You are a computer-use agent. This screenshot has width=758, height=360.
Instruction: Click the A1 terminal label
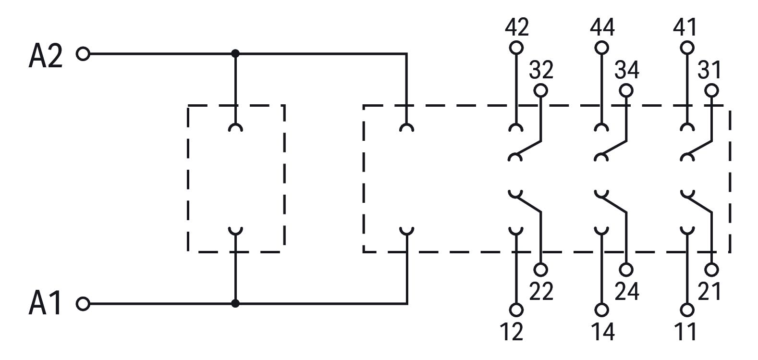[45, 303]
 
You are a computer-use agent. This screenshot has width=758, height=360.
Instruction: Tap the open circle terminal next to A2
[83, 54]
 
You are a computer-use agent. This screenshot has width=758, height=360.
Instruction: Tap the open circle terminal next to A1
[83, 304]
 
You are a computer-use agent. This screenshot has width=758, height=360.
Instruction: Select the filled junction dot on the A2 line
[235, 53]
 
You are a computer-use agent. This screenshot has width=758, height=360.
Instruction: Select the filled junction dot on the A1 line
[235, 303]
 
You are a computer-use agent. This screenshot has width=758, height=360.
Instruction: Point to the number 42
[517, 27]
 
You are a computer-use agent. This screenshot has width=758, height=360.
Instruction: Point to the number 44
[602, 27]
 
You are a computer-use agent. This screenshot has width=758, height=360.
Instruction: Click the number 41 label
[685, 27]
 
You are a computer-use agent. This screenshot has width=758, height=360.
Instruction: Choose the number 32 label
[541, 70]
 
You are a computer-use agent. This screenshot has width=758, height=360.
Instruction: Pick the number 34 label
[627, 70]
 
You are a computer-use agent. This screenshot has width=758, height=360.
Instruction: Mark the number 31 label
[709, 70]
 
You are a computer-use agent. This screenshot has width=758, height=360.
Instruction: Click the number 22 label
[541, 291]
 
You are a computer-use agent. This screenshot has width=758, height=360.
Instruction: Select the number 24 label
[627, 291]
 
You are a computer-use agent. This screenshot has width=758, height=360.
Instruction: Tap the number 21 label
[709, 291]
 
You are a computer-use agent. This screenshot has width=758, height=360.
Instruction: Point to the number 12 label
[512, 332]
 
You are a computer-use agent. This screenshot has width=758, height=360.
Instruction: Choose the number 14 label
[603, 332]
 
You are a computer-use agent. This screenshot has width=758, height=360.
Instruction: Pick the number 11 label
[685, 332]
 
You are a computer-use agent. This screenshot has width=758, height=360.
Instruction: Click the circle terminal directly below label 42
[516, 48]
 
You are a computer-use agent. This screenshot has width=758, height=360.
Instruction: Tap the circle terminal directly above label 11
[687, 310]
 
